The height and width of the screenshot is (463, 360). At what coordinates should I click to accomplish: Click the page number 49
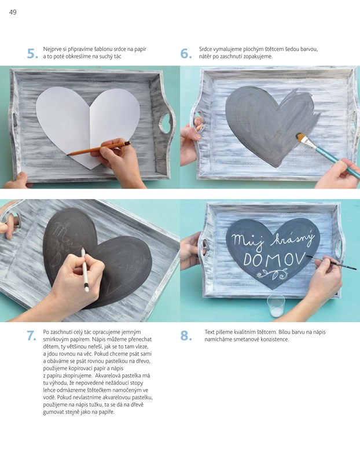tap(13, 12)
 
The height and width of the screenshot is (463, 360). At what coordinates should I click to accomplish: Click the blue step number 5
tap(32, 53)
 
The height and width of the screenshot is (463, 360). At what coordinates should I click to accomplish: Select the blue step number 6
tap(186, 53)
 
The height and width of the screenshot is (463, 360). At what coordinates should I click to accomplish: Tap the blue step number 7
tap(32, 336)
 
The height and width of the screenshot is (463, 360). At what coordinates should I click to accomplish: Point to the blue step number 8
tap(186, 336)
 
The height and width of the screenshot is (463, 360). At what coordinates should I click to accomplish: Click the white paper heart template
tap(88, 124)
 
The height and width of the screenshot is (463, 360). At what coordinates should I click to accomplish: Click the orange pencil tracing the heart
tap(98, 148)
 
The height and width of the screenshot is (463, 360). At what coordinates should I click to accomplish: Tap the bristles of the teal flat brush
tap(302, 138)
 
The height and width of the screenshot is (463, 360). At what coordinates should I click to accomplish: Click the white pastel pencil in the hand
tap(85, 270)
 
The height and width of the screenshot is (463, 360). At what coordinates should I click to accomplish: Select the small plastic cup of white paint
tap(275, 306)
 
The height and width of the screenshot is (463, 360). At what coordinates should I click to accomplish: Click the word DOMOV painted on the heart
tap(274, 259)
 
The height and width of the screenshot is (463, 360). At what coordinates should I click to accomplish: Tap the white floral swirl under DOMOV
tap(272, 274)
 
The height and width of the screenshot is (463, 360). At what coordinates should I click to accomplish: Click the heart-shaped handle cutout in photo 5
tap(165, 123)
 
